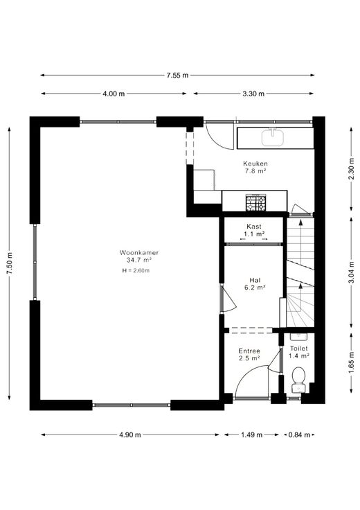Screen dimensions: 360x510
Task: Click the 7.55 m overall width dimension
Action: click(177, 76)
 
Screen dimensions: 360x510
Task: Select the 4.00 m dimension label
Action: click(114, 94)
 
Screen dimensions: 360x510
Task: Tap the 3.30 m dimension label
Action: click(253, 94)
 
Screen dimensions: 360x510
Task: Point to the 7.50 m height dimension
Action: click(10, 263)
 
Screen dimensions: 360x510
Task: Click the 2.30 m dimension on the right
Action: click(351, 168)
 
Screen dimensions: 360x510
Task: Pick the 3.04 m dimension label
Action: click(351, 272)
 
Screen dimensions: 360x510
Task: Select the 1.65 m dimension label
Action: click(351, 362)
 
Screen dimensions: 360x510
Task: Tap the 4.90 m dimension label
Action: click(130, 435)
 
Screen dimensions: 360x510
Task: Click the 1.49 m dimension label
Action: click(252, 435)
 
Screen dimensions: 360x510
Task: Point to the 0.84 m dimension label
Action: click(299, 435)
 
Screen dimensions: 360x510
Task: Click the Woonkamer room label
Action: click(139, 252)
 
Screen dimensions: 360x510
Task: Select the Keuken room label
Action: click(255, 164)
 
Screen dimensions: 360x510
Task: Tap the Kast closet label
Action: click(254, 226)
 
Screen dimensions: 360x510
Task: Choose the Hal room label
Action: click(255, 280)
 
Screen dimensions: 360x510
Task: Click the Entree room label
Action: click(249, 351)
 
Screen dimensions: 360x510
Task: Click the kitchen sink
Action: click(273, 137)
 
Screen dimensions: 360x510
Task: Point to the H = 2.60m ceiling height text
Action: click(136, 270)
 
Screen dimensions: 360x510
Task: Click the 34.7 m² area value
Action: click(139, 260)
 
